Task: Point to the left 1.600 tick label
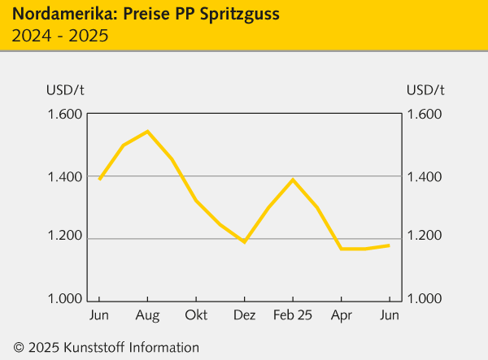pos(65,114)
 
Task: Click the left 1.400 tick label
pos(65,176)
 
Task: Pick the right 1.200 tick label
pos(425,238)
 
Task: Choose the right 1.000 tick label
pos(425,299)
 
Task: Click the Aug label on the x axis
pos(147,315)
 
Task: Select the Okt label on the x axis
pos(196,315)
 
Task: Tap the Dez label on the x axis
pos(244,315)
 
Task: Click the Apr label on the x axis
pos(341,315)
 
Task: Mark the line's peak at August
pos(147,131)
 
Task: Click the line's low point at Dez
pos(244,242)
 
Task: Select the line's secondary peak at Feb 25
pos(293,179)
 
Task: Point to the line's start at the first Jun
pos(99,179)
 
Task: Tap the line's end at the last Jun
pos(390,245)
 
